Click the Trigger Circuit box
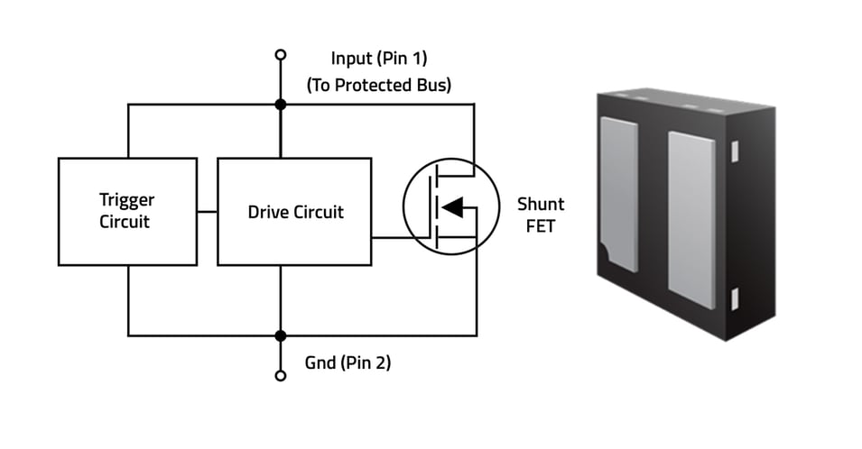127,212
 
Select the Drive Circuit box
294,212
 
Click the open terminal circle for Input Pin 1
281,55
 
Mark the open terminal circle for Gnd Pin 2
281,375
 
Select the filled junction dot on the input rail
281,105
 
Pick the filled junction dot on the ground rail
281,335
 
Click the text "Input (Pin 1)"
378,60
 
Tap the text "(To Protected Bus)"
378,86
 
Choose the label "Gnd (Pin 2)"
348,363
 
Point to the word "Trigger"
127,200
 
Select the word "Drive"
269,213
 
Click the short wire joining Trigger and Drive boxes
208,212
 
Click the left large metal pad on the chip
619,194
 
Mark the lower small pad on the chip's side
735,298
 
